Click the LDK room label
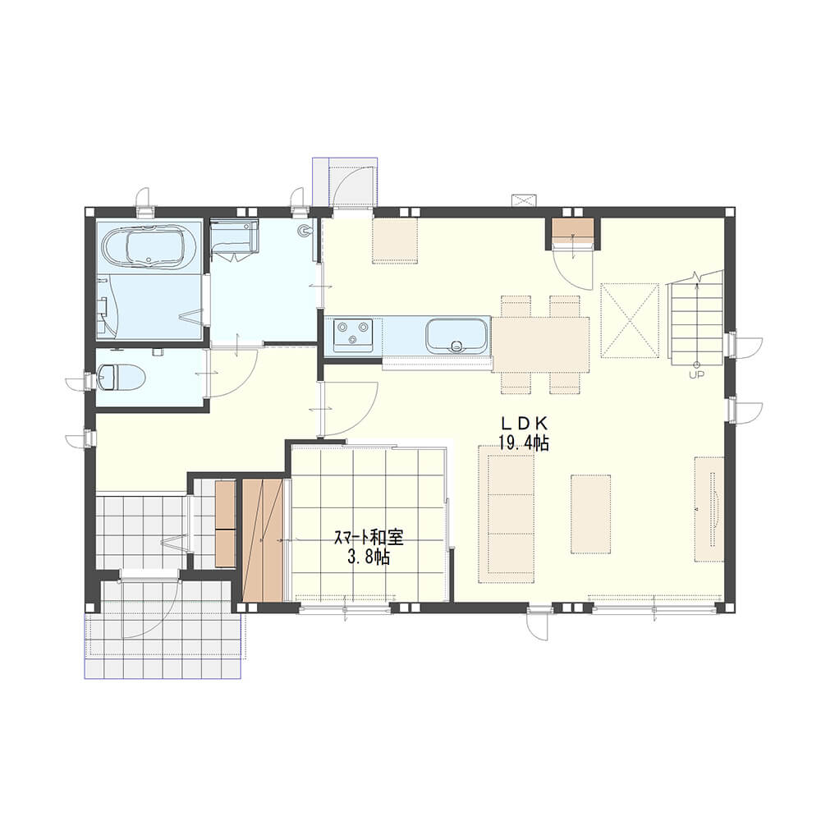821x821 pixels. point(524,423)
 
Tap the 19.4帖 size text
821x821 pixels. point(524,443)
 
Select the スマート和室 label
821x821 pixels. point(369,538)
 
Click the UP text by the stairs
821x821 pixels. point(696,374)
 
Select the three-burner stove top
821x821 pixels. point(353,335)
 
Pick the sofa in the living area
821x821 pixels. point(507,514)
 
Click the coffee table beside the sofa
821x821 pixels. point(590,514)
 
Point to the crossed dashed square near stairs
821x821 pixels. point(630,320)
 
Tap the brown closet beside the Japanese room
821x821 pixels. point(263,540)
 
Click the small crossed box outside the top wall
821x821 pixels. point(525,200)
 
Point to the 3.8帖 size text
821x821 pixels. point(369,557)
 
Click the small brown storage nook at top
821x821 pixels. point(573,227)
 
